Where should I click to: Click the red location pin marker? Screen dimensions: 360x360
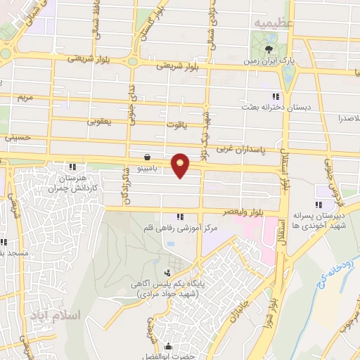[181, 165]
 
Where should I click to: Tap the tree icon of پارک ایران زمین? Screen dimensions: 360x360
[270, 49]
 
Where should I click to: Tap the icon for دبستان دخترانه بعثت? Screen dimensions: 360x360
[276, 96]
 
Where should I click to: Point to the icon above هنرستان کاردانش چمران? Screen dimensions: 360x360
[72, 167]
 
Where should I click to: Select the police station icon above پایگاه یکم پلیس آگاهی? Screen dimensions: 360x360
[167, 273]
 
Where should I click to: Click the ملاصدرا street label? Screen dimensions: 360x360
[345, 118]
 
